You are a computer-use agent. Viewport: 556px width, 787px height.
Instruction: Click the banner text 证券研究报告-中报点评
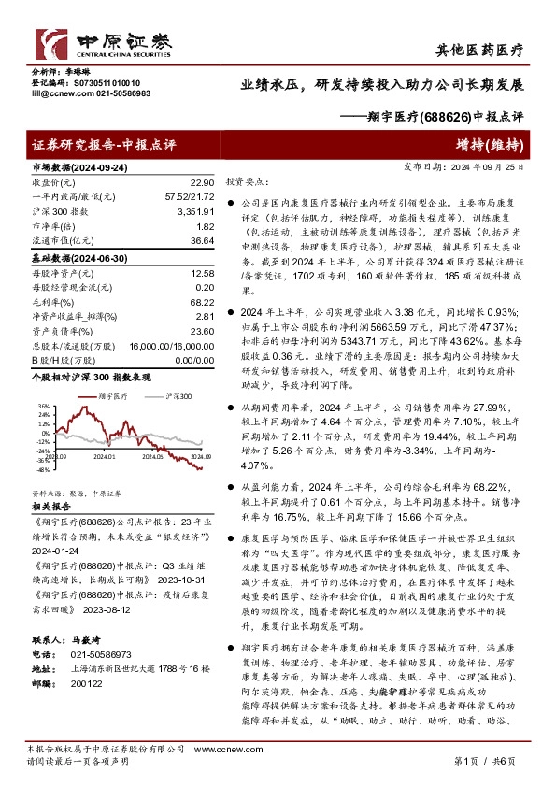click(104, 145)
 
